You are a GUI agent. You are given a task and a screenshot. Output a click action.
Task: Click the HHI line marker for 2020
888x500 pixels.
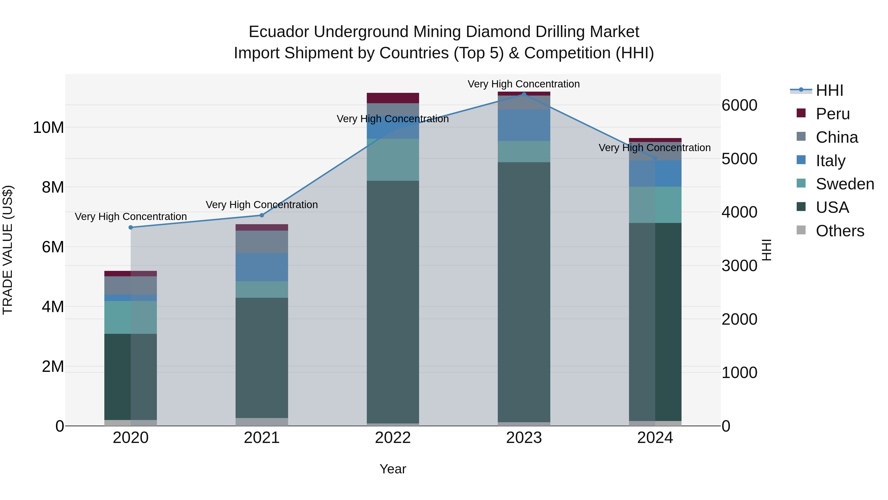tap(131, 227)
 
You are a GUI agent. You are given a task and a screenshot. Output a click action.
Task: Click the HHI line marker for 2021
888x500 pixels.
tap(262, 215)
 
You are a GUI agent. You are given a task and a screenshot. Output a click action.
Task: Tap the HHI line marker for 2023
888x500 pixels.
tap(524, 95)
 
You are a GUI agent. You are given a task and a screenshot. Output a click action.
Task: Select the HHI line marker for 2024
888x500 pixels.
tap(655, 158)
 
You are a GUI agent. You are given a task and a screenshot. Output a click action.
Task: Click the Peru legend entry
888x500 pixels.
tap(832, 114)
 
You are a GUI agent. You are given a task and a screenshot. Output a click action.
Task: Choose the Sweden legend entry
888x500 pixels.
tap(844, 184)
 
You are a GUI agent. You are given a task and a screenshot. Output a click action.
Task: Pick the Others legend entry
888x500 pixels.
tap(839, 231)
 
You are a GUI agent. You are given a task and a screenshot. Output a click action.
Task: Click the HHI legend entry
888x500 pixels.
tap(829, 90)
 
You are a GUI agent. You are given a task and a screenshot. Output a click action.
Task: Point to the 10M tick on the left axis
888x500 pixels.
tap(48, 128)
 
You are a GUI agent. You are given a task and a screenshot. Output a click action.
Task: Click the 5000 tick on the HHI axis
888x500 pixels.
tap(740, 159)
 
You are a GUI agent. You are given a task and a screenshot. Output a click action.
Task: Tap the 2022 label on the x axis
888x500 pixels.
tap(393, 438)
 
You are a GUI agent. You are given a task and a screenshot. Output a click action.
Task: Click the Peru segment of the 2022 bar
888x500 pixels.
tap(393, 98)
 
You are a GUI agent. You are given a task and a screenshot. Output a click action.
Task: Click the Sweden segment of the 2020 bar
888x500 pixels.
tap(131, 317)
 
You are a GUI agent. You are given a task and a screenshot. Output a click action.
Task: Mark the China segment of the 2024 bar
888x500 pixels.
tap(655, 151)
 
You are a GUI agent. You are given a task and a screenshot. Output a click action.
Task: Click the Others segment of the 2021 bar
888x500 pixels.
tap(262, 422)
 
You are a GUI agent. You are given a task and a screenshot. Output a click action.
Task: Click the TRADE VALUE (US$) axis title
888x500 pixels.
tap(8, 250)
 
